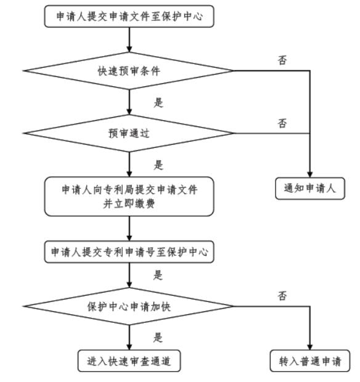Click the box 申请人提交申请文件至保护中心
[x=129, y=16]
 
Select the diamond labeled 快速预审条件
[x=129, y=71]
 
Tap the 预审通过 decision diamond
[x=129, y=133]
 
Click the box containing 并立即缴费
[x=129, y=197]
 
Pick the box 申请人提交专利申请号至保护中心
[x=129, y=252]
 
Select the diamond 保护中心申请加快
[x=129, y=306]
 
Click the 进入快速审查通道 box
[x=129, y=361]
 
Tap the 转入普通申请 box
[x=310, y=361]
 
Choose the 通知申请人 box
[x=310, y=189]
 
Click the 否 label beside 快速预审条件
[x=282, y=60]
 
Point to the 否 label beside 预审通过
[x=282, y=123]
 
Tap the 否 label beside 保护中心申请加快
[x=282, y=296]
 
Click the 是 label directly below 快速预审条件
[x=158, y=102]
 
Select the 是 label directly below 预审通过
[x=158, y=165]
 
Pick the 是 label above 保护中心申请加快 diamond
[x=158, y=275]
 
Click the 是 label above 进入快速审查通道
[x=158, y=338]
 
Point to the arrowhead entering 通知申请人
[x=310, y=174]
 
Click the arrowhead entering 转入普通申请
[x=310, y=347]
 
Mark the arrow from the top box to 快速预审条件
[x=129, y=39]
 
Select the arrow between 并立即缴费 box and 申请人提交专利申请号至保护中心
[x=129, y=229]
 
